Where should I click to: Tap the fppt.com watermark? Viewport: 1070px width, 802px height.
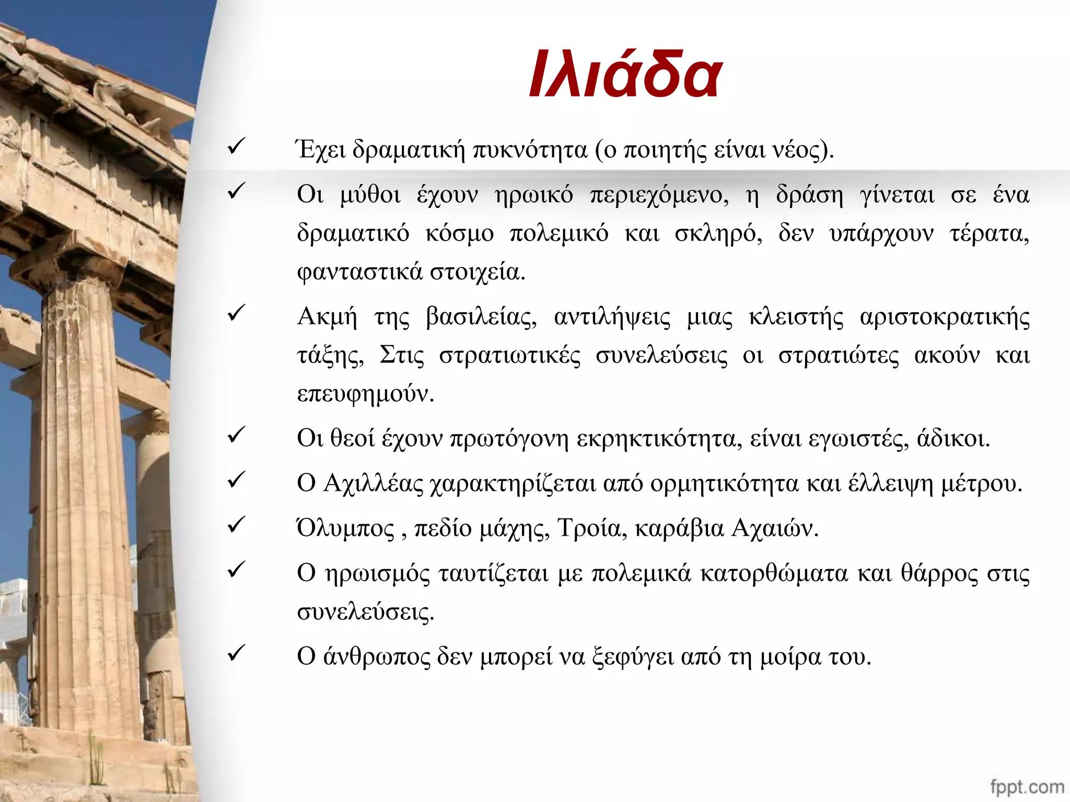tap(1027, 786)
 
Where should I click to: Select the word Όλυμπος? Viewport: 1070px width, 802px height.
tap(345, 528)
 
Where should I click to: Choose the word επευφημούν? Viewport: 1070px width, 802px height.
tap(365, 395)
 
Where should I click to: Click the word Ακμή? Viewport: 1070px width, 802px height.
tap(328, 317)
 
